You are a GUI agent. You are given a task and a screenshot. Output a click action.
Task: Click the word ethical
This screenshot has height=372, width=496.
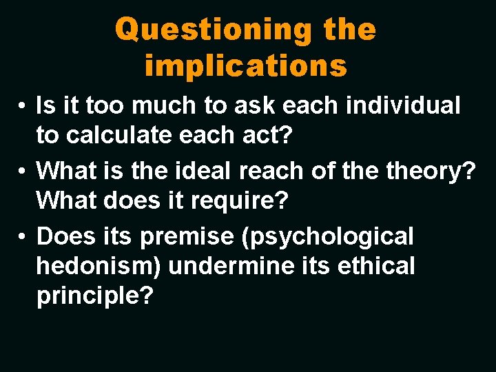377,266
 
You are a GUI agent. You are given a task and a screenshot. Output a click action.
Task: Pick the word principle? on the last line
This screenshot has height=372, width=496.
94,296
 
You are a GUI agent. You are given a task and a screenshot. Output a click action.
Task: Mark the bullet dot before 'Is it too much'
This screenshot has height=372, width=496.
23,107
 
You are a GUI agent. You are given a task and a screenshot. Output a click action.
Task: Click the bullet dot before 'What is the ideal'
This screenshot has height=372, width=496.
23,170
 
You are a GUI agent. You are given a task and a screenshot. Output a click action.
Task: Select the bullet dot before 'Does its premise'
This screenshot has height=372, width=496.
23,237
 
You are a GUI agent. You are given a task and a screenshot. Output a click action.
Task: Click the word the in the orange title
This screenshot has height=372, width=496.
348,30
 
